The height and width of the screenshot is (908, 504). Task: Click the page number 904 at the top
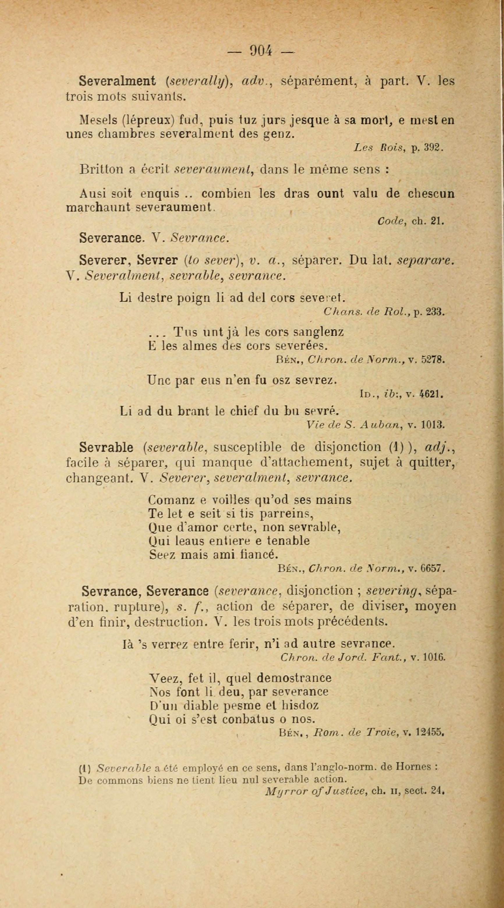click(x=260, y=51)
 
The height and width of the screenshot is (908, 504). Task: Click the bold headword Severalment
click(x=117, y=81)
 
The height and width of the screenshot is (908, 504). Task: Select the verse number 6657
click(x=434, y=568)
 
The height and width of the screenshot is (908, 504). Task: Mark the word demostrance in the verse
click(x=294, y=678)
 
